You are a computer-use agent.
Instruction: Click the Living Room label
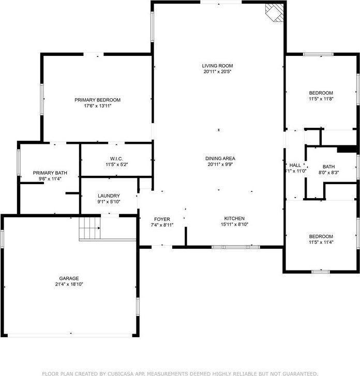point(217,66)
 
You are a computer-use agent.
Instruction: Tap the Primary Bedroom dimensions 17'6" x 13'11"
point(97,106)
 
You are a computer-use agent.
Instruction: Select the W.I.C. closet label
point(116,158)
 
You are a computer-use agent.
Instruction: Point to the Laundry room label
point(109,195)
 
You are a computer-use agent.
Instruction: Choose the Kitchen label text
point(234,218)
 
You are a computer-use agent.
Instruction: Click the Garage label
point(69,278)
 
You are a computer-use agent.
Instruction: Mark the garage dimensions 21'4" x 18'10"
point(69,284)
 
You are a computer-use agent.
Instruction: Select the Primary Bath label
point(50,173)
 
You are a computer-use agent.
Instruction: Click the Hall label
point(295,165)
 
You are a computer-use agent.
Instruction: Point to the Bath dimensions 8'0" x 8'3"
point(329,173)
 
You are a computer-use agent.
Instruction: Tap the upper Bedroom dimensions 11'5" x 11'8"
point(321,99)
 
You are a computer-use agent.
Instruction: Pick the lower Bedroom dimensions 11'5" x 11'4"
point(321,242)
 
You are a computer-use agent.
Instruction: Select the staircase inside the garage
point(89,228)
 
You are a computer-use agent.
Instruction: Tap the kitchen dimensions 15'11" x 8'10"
point(234,224)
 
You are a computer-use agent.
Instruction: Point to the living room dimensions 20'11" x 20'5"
point(217,71)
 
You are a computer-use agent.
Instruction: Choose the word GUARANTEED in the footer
point(295,372)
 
